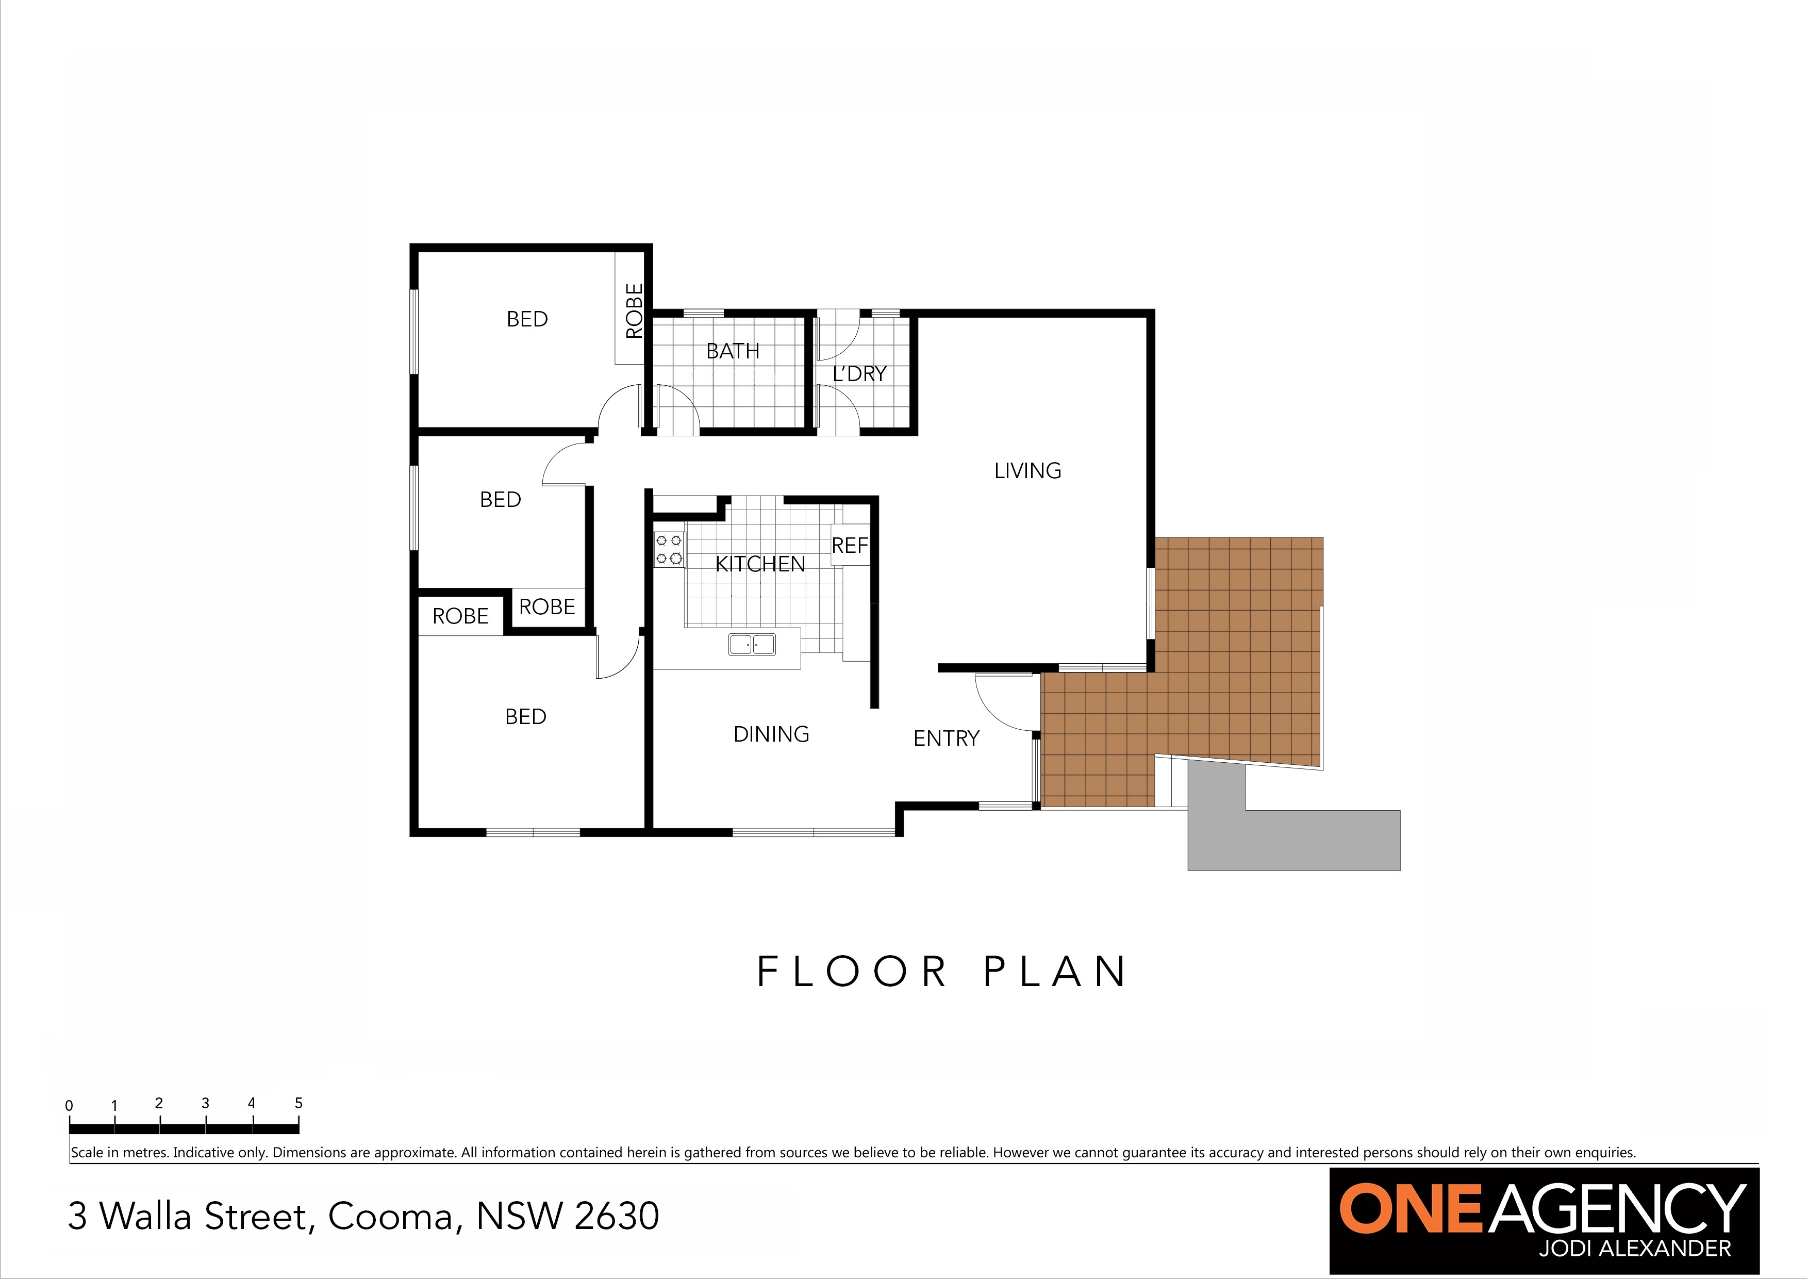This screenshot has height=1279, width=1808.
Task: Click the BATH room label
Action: tap(733, 351)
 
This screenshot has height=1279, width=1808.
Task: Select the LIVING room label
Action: tap(1027, 471)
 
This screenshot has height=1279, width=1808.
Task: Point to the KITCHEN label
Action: tap(760, 564)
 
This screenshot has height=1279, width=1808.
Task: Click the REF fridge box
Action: tap(851, 545)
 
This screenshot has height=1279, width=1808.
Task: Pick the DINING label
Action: tap(771, 734)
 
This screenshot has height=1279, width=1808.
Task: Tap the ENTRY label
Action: tap(946, 738)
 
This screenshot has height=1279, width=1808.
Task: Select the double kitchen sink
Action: tap(752, 644)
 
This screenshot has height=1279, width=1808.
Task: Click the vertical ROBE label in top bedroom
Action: tap(634, 310)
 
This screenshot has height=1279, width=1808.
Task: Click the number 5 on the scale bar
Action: tap(298, 1103)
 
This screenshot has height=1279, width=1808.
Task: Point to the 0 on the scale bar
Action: tap(69, 1105)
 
